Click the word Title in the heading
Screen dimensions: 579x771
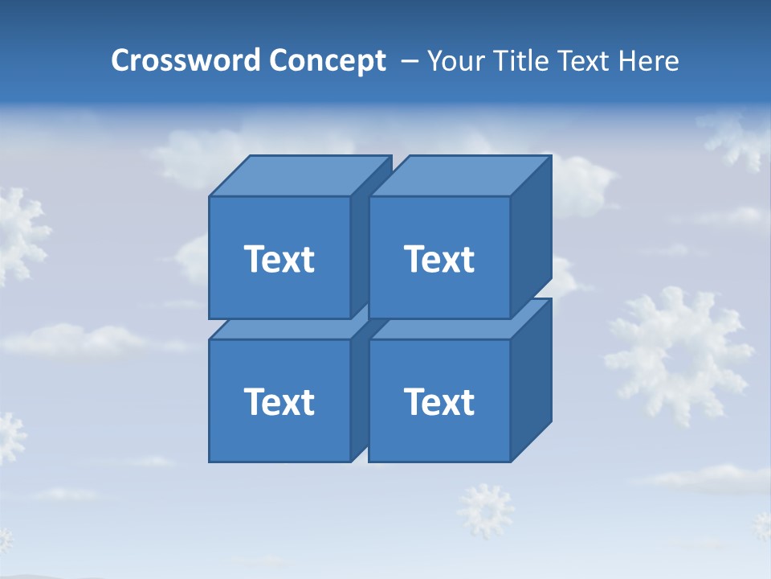520,61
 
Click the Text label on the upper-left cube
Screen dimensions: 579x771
279,259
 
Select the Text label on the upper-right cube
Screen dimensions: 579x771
439,259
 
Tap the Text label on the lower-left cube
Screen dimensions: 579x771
279,402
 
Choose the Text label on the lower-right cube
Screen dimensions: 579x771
439,402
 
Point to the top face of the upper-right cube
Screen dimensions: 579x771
459,176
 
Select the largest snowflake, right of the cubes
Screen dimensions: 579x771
679,354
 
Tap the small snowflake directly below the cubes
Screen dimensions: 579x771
485,508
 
